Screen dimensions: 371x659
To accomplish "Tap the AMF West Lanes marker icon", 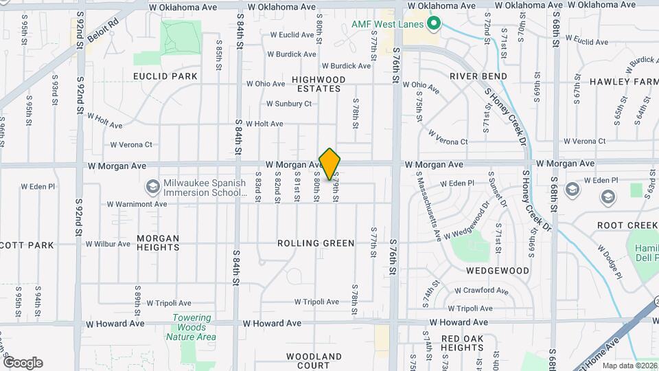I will click(433, 24).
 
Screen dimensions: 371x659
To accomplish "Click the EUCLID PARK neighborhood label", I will click(165, 76).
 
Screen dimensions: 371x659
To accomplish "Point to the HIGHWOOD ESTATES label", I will click(319, 84).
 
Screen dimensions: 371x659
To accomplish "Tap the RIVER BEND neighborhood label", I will click(478, 76).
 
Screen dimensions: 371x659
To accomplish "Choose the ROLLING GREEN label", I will click(316, 243).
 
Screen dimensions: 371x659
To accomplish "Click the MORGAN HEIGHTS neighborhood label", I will click(158, 243).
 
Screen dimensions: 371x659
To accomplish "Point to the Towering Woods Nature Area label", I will click(192, 327).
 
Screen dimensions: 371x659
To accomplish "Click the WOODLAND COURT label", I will click(314, 361).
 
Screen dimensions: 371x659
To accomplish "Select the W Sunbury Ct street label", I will click(289, 104).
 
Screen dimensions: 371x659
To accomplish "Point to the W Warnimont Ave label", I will click(137, 204).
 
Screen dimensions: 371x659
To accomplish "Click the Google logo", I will click(23, 363).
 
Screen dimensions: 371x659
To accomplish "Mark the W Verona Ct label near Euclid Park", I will click(131, 145).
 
